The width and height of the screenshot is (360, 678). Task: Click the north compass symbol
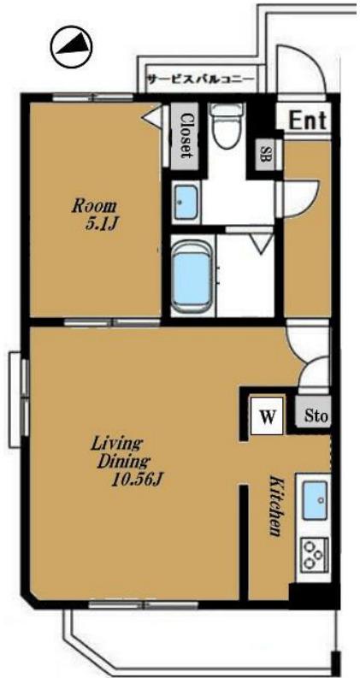click(x=71, y=46)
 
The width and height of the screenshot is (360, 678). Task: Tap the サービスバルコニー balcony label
click(x=201, y=80)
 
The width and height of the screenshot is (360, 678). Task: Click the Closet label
click(x=186, y=136)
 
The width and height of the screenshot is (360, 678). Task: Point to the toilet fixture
click(x=227, y=126)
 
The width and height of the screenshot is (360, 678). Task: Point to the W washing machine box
click(x=267, y=416)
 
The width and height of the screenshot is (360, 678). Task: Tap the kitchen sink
click(x=314, y=500)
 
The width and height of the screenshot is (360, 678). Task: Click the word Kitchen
click(x=275, y=506)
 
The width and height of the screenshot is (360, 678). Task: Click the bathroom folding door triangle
click(x=262, y=245)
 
